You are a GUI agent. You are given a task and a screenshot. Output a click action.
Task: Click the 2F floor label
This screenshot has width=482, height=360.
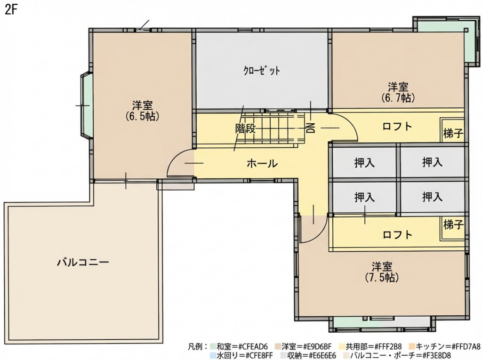(x=10, y=10)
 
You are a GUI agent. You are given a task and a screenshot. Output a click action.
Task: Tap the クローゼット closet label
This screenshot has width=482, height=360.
(x=262, y=71)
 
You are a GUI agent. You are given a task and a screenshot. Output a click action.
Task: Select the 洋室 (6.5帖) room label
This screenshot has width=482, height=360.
(x=142, y=111)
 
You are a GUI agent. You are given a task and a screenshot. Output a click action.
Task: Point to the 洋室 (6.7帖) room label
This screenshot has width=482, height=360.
(x=398, y=92)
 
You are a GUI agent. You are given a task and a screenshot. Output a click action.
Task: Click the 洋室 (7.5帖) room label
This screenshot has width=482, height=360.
(x=382, y=272)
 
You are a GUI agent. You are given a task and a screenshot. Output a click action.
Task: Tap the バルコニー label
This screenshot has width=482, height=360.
(x=83, y=262)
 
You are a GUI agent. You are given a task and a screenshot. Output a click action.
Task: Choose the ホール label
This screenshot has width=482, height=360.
(x=262, y=164)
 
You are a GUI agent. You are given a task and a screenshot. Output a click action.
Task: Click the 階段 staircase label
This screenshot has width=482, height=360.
(x=246, y=128)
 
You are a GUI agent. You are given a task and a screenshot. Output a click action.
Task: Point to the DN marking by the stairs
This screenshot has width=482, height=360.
(x=311, y=128)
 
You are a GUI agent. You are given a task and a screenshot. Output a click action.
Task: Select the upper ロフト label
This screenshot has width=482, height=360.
(x=397, y=126)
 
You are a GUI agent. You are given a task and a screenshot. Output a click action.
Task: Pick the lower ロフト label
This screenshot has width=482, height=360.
(x=397, y=235)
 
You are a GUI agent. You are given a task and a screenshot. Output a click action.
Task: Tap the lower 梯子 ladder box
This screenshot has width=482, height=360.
(x=453, y=228)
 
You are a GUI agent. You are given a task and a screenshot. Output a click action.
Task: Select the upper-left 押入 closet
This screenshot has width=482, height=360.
(x=365, y=162)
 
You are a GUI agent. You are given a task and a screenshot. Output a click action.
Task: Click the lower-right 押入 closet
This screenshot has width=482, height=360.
(x=433, y=197)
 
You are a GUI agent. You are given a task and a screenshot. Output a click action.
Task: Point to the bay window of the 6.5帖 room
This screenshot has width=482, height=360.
(x=86, y=105)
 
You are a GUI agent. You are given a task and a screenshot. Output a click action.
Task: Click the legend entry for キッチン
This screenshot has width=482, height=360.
(x=445, y=347)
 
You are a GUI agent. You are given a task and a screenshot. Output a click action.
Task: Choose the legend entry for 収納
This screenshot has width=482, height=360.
(x=308, y=355)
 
